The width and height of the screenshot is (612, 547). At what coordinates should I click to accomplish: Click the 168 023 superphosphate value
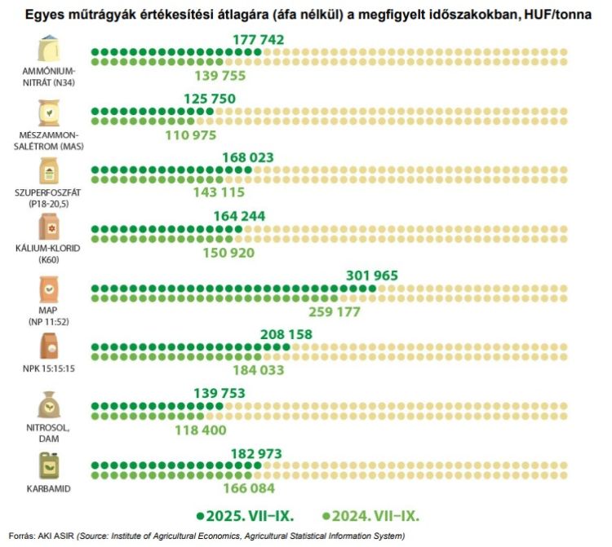[x=247, y=157]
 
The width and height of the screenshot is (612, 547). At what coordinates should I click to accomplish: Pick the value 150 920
[x=228, y=253]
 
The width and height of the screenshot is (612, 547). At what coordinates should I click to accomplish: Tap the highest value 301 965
[x=372, y=276]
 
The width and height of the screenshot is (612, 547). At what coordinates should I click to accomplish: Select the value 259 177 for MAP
[x=335, y=311]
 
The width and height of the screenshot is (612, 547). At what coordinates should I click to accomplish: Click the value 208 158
[x=286, y=334]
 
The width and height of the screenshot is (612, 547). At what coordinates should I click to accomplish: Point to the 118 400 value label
[x=200, y=430]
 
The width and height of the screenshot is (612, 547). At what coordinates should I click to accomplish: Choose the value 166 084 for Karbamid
[x=250, y=488]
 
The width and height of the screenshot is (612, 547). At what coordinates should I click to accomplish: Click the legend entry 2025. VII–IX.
[x=244, y=516]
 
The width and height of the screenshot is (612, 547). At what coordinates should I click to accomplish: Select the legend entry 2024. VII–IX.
[x=371, y=516]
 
